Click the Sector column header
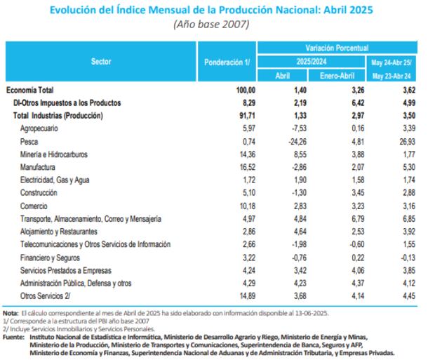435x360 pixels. point(101,62)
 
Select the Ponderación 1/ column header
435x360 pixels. point(227,62)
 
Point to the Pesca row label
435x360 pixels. point(29,142)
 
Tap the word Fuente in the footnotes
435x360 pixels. point(13,335)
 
